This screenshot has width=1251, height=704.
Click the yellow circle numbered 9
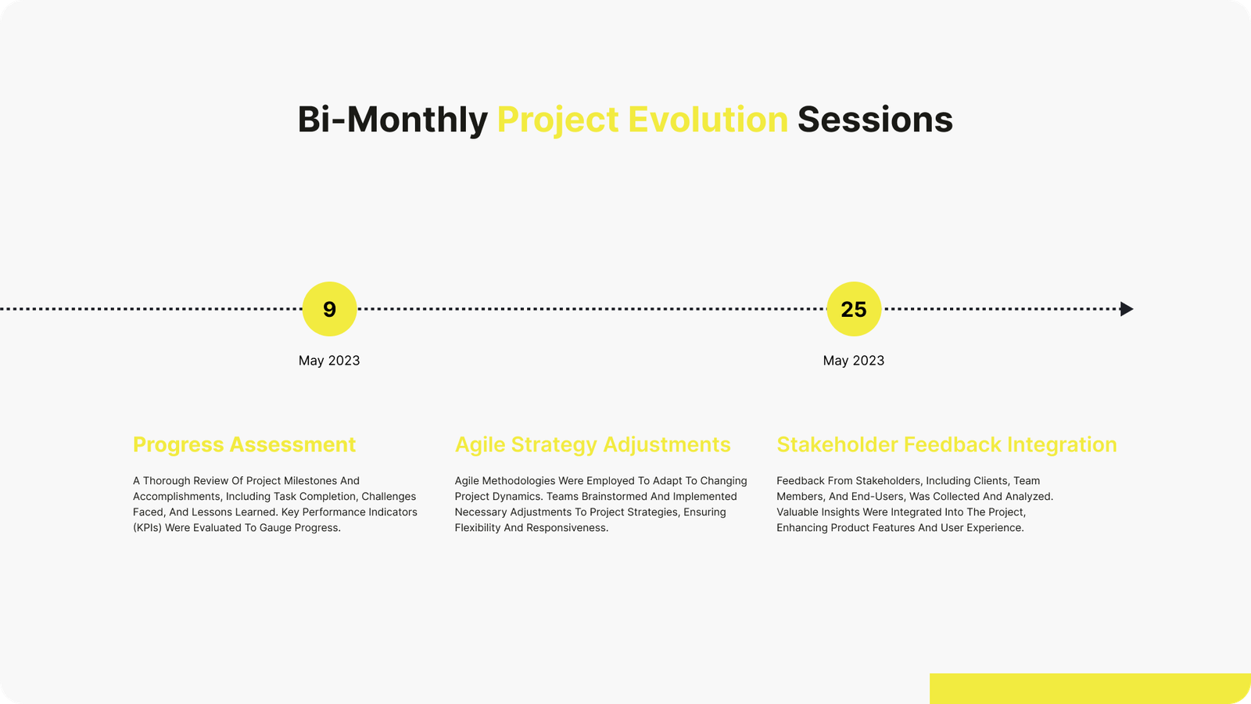pos(329,309)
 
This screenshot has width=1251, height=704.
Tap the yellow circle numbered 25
pos(854,309)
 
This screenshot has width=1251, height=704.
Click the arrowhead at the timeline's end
pos(1127,309)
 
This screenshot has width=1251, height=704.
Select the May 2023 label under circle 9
pos(329,361)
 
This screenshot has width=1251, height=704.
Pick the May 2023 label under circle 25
pos(853,361)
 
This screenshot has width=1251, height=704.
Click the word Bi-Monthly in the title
pos(393,120)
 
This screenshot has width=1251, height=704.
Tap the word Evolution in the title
pos(708,120)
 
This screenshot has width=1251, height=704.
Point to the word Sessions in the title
pos(875,120)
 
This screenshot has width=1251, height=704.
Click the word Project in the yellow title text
pos(558,120)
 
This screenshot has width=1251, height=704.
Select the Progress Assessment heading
pos(244,445)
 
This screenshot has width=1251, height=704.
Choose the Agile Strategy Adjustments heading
pos(593,445)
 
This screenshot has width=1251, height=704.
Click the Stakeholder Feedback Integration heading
pos(947,445)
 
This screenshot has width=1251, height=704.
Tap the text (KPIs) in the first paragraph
pos(148,527)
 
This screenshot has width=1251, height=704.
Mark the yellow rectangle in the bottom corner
pos(1090,688)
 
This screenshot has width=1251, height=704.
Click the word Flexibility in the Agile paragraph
pos(478,527)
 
